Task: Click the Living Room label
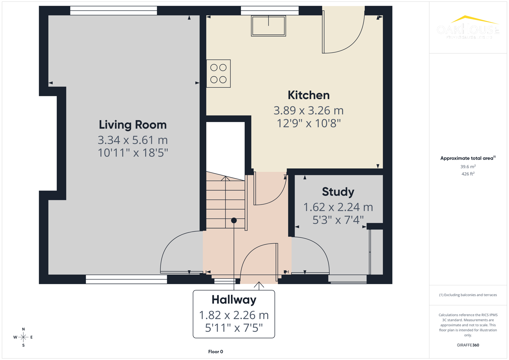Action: coord(133,125)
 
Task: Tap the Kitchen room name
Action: coord(308,95)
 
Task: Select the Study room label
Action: coord(338,192)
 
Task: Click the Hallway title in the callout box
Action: coord(234,300)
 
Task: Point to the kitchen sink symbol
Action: coord(268,26)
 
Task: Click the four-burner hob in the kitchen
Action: coord(218,74)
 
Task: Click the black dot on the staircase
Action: coord(234,220)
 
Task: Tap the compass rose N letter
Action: coord(23,329)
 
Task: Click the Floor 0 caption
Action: coord(215,352)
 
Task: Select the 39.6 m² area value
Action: coord(468,167)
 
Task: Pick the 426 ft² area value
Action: coord(468,174)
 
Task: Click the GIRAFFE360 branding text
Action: coord(468,345)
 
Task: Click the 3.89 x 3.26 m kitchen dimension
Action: coord(308,110)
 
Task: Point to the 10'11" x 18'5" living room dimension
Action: coord(133,153)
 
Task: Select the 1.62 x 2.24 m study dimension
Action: coord(338,207)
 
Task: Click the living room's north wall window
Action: coord(113,11)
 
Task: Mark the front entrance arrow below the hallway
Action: coord(259,285)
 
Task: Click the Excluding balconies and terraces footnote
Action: coord(468,295)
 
